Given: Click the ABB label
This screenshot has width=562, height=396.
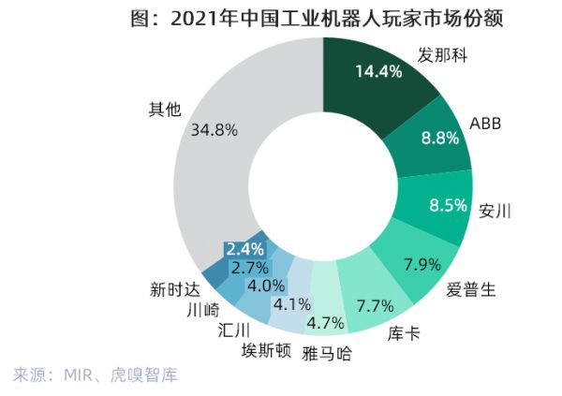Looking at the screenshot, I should pos(487,124).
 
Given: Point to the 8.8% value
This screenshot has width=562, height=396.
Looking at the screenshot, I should pos(440,139).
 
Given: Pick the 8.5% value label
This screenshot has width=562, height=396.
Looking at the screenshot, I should pos(447,203).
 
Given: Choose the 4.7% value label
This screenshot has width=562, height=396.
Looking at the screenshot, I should pos(326,324).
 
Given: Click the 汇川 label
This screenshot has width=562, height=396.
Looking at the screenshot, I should pos(232,330).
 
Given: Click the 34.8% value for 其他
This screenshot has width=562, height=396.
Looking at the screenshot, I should pos(214,130).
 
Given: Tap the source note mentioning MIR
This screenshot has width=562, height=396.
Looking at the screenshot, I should pos(95,375).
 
